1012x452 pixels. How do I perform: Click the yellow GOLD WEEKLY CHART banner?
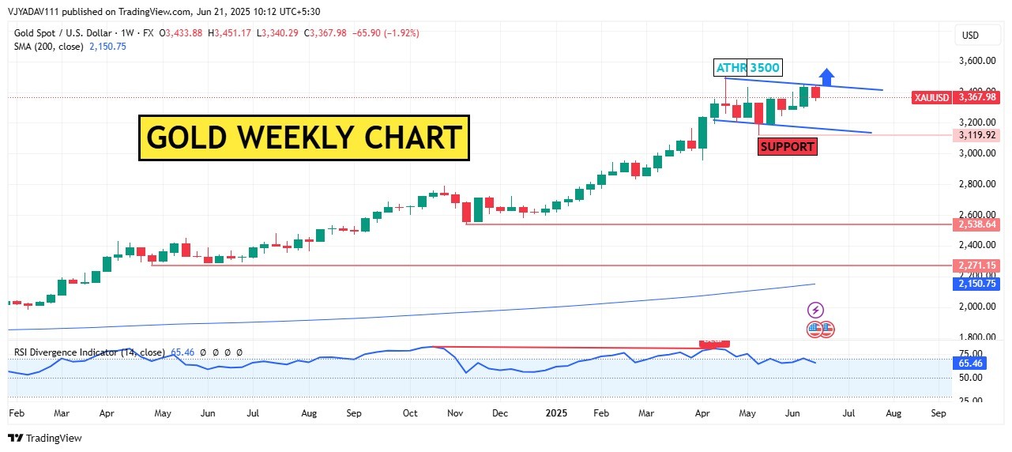(x=304, y=137)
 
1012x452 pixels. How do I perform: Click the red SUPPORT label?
(x=786, y=146)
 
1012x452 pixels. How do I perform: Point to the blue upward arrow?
(x=826, y=77)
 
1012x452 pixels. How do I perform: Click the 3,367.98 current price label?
(x=978, y=97)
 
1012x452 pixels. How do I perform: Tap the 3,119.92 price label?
(x=978, y=135)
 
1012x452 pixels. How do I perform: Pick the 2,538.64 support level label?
(x=978, y=224)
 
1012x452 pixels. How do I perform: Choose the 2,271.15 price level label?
(x=978, y=266)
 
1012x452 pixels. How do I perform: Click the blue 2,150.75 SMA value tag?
(x=978, y=283)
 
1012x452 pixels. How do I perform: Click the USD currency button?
(x=970, y=36)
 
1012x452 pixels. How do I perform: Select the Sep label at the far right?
(x=939, y=413)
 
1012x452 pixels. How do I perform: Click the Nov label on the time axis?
(x=455, y=413)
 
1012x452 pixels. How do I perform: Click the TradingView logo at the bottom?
(x=45, y=438)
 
